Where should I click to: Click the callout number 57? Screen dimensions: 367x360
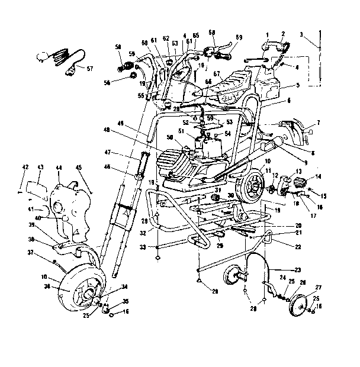tap(90, 69)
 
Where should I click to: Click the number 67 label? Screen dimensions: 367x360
tap(217, 74)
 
